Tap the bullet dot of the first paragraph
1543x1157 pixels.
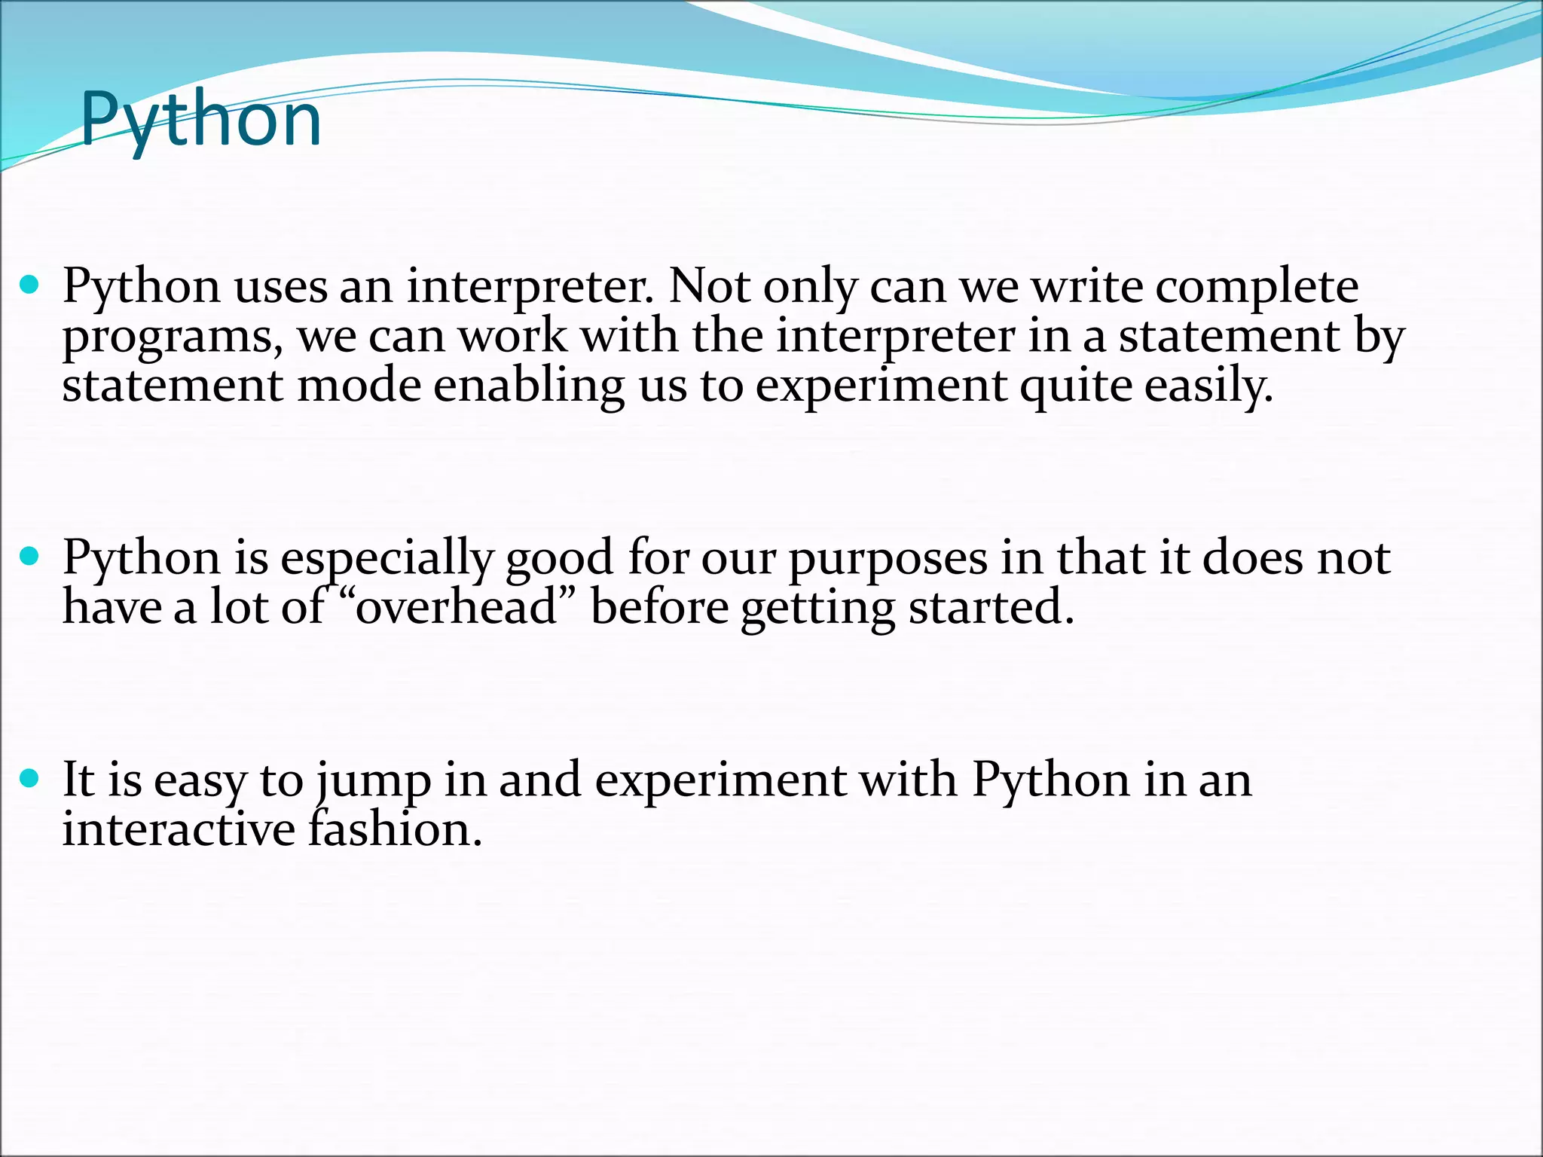tap(29, 285)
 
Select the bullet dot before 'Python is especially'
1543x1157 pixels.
tap(29, 557)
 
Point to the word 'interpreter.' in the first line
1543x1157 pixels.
tap(530, 288)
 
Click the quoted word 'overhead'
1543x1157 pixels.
tap(455, 607)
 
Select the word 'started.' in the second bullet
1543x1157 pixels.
tap(991, 607)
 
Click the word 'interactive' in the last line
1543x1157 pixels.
tap(179, 829)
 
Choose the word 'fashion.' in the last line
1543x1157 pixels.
tap(395, 829)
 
